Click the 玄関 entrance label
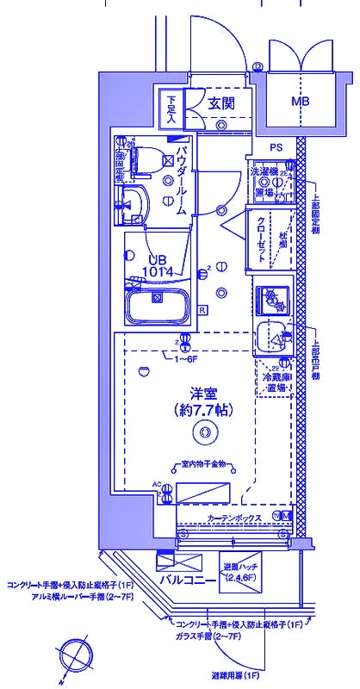click(221, 103)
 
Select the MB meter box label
click(300, 102)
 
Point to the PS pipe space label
click(277, 147)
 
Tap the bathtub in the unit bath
click(157, 307)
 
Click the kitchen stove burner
click(273, 298)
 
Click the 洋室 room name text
click(203, 390)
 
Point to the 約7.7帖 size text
click(202, 411)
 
